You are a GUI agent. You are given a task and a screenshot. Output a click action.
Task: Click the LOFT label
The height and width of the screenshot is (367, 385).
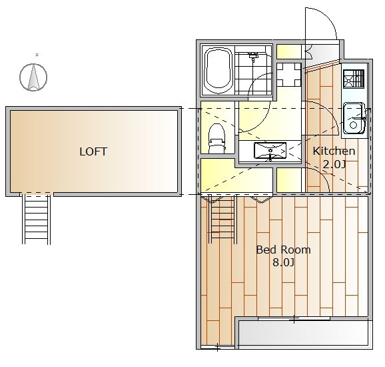point(93,151)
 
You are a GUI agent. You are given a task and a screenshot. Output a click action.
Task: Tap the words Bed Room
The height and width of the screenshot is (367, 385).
point(283,250)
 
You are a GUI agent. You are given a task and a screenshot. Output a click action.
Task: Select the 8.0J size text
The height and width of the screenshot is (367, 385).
point(283,263)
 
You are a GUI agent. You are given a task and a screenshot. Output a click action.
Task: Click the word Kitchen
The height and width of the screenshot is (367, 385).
point(334,151)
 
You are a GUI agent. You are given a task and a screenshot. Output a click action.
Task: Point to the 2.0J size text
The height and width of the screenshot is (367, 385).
point(334,164)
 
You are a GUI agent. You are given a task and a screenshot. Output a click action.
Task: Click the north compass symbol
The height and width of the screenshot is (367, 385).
point(33,77)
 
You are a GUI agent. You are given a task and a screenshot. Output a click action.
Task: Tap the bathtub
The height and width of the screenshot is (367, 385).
point(218,71)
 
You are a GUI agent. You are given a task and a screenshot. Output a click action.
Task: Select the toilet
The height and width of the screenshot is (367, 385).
point(216,138)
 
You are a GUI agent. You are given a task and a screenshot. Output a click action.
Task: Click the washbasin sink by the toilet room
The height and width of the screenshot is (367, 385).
point(270,151)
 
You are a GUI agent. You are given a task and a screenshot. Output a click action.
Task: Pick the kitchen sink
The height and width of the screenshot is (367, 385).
point(353,118)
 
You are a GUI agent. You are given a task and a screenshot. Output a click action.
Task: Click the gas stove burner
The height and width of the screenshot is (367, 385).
point(354,79)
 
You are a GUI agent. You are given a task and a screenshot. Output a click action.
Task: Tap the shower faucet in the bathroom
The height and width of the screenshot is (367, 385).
point(253,56)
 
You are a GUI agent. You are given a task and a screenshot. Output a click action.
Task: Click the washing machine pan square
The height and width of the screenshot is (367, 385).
point(289,74)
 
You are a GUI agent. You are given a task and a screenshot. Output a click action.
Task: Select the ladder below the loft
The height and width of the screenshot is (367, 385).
point(37,219)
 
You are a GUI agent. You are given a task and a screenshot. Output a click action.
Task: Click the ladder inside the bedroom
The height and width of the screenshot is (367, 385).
point(222,219)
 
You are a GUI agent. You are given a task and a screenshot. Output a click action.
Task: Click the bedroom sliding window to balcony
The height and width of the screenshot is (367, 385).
point(294,319)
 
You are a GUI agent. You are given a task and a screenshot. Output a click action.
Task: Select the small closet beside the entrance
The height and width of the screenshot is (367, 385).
point(289,51)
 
